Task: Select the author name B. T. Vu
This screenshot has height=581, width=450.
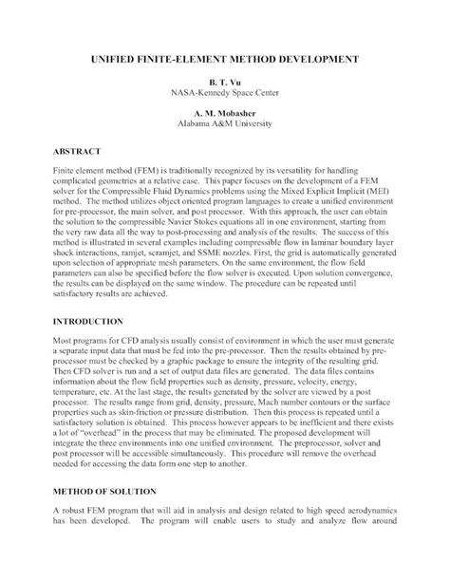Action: coord(224,84)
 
